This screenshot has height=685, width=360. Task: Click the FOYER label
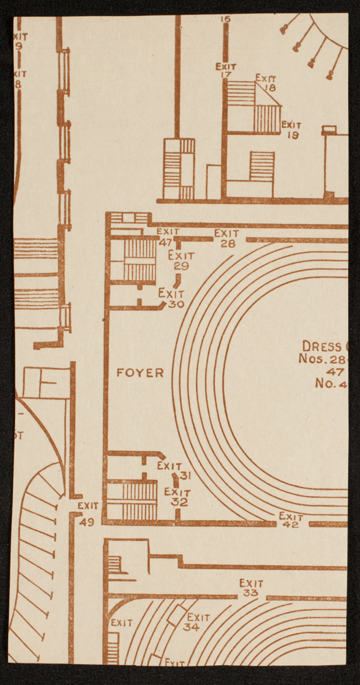[140, 373]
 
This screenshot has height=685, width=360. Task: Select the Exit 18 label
[266, 82]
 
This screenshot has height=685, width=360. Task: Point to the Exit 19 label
[291, 129]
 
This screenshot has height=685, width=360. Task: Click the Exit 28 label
[227, 239]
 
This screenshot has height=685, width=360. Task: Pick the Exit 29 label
[181, 261]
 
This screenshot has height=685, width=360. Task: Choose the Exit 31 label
[174, 470]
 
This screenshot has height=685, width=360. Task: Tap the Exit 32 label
[177, 497]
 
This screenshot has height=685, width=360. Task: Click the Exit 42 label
[291, 520]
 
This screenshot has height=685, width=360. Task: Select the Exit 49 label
[88, 514]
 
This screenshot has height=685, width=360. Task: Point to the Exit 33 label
[251, 588]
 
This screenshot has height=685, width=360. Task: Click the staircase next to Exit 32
[139, 501]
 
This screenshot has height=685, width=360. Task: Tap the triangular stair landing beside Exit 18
[266, 96]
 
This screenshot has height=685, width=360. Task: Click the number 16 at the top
[225, 19]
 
